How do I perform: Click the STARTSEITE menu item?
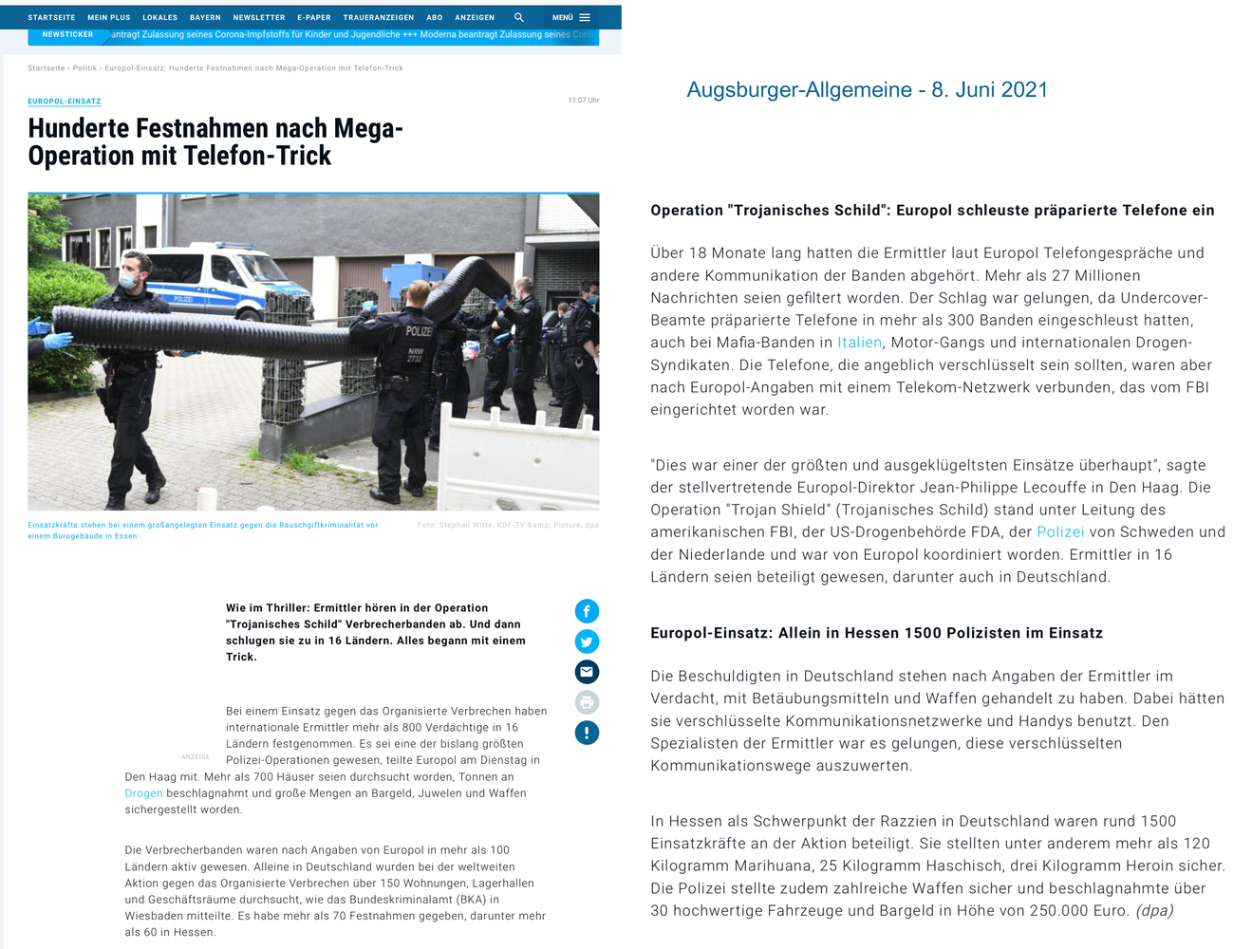point(51,17)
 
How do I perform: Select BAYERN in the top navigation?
point(205,17)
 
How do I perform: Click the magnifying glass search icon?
point(519,17)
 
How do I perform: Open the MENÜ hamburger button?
point(571,17)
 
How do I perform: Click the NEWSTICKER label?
point(67,35)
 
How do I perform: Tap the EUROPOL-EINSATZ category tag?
point(65,102)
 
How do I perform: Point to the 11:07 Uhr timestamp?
point(583,100)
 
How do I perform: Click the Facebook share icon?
point(587,611)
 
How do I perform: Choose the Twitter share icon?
point(587,642)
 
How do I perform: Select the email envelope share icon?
point(587,672)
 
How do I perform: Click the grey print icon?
point(587,702)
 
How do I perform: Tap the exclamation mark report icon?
point(587,733)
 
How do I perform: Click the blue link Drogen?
point(143,793)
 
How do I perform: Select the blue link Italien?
point(859,343)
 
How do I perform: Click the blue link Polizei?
point(1060,532)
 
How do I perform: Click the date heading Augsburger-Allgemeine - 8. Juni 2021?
point(867,89)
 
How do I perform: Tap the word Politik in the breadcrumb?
point(84,68)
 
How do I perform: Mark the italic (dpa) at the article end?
point(1154,911)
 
